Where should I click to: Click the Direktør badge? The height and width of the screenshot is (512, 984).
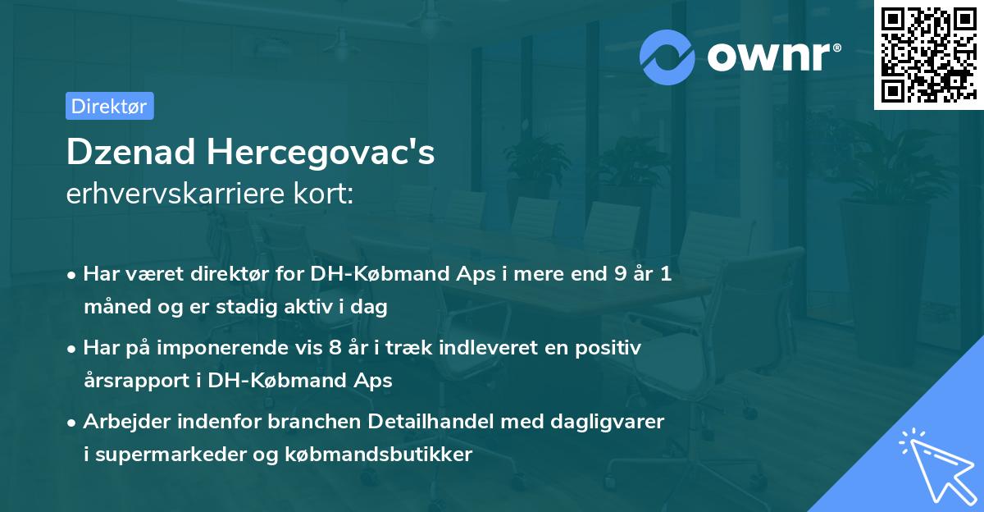tap(109, 105)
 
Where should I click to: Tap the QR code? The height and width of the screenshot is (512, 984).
tap(928, 55)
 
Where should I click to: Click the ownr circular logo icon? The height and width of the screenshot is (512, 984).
tap(667, 57)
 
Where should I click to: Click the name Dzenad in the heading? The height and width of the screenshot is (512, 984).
tap(129, 153)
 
